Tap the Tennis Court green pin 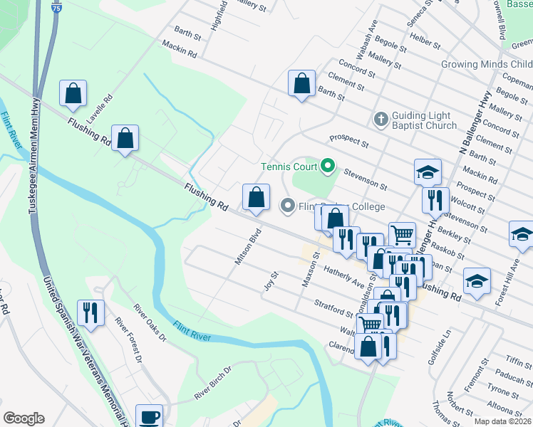(x=328, y=167)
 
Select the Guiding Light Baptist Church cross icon (x=381, y=119)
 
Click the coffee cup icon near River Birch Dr (x=149, y=418)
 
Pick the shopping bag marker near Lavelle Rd (x=73, y=93)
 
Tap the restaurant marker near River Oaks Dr (x=91, y=312)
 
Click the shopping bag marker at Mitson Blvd (x=256, y=198)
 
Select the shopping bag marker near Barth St (x=302, y=83)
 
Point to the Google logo (x=24, y=418)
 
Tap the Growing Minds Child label (x=487, y=64)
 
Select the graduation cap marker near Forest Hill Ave (x=522, y=233)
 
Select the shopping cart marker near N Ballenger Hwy (x=402, y=234)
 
